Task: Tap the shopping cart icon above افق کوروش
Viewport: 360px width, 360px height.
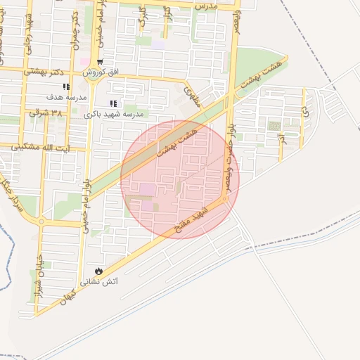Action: tap(101, 63)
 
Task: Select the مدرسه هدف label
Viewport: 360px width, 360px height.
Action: tap(66, 96)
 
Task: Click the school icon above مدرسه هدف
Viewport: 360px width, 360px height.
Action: tap(66, 86)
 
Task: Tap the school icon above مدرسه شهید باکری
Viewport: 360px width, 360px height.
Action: tap(113, 103)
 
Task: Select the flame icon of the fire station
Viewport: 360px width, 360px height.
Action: tap(98, 271)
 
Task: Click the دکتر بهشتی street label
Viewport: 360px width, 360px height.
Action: tap(44, 72)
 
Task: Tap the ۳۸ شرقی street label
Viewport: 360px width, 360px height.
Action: tap(46, 112)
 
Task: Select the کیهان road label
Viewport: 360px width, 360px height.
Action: tap(67, 297)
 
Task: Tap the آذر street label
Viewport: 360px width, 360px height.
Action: tap(282, 136)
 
